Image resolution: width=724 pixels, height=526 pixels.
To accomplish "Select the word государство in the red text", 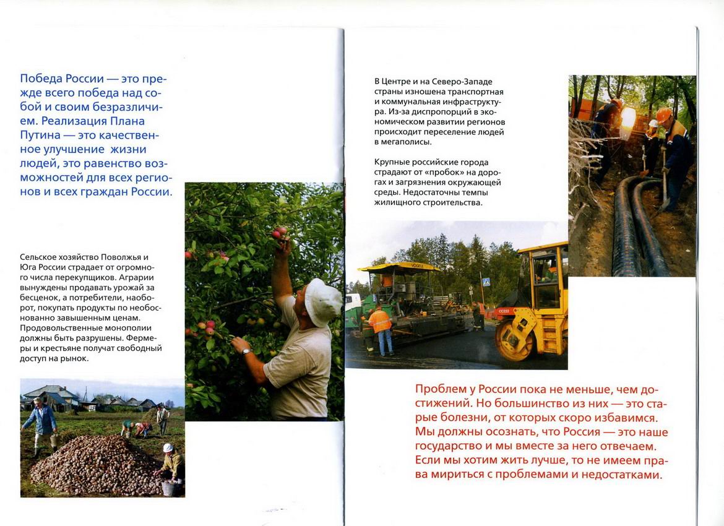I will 453,446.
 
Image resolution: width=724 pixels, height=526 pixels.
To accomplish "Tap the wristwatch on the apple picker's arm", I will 246,351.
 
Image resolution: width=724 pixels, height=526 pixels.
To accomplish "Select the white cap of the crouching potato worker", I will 168,447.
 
